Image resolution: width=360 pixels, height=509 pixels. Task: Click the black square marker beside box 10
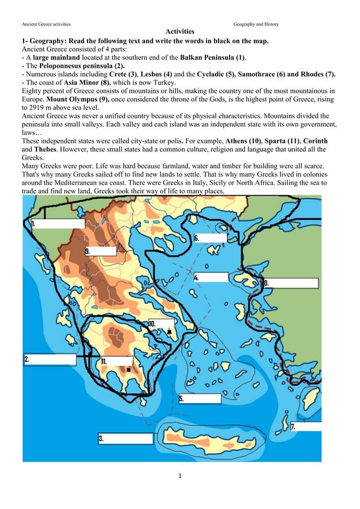coord(169,332)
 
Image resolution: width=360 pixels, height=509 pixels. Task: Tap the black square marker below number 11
coord(129,370)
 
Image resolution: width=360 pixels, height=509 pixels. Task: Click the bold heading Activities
coord(179,32)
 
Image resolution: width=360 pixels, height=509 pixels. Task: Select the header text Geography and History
coord(256,24)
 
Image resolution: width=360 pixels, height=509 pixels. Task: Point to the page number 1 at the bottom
coord(179,476)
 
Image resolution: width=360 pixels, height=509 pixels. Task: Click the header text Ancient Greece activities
coord(46,24)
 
